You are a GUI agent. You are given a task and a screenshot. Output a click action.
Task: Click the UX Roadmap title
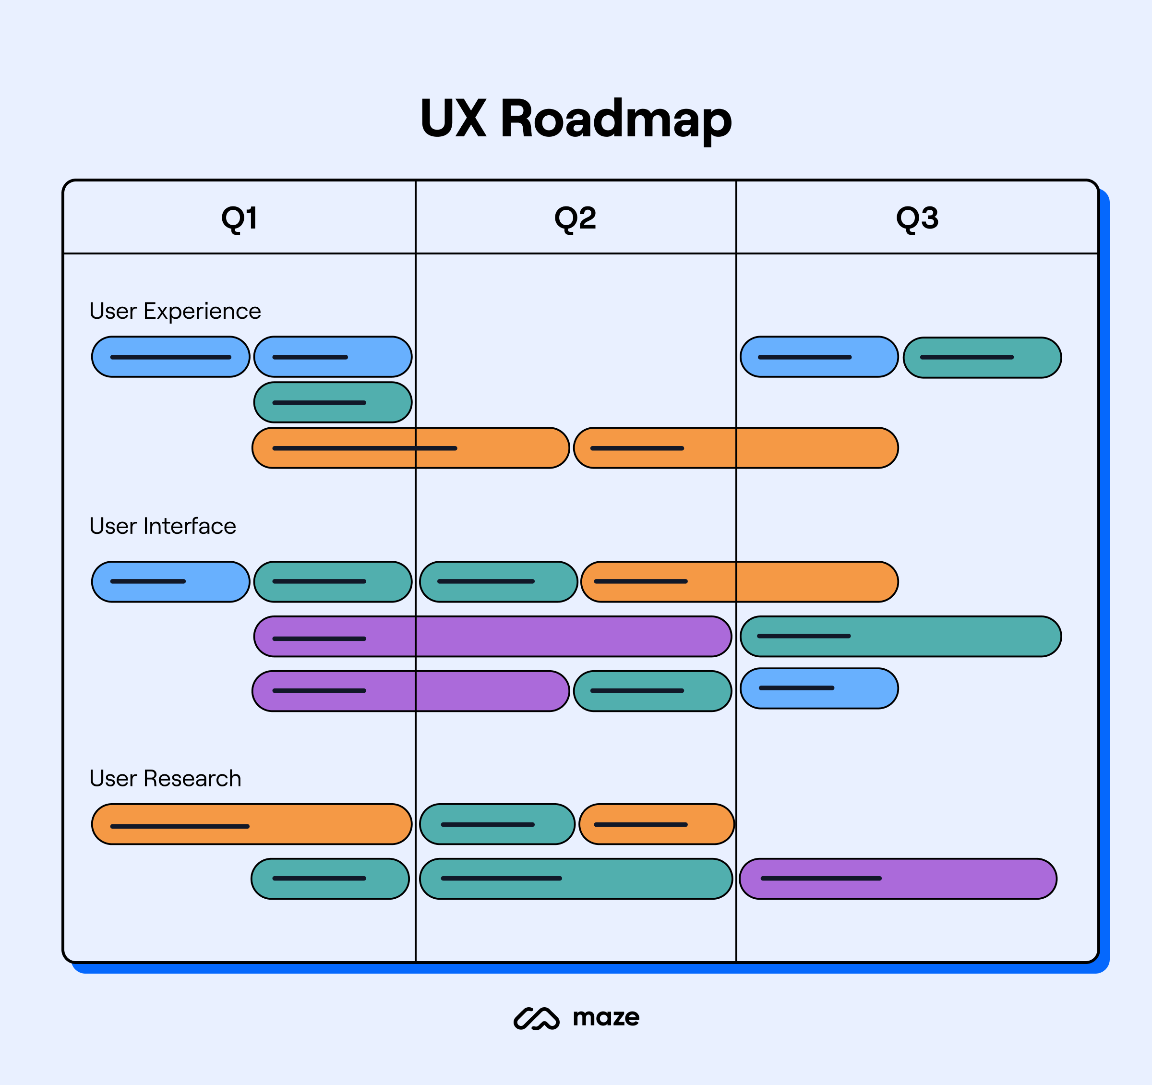(576, 119)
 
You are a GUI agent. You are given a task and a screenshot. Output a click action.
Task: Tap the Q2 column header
(575, 218)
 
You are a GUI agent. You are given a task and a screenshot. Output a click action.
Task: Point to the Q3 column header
(917, 218)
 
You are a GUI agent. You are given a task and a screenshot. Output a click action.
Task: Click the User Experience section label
(175, 311)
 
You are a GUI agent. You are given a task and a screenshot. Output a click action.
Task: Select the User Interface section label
(163, 526)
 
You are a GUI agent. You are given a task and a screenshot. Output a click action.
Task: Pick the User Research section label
(165, 778)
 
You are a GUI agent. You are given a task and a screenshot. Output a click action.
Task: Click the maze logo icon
(536, 1018)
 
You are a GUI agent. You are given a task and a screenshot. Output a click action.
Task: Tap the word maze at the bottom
(606, 1017)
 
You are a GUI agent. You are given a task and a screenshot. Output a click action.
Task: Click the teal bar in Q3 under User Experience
(982, 358)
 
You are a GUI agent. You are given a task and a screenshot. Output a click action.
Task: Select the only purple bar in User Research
(898, 879)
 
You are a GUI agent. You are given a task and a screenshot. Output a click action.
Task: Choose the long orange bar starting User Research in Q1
(252, 824)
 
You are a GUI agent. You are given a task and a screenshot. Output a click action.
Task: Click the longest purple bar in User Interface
(492, 637)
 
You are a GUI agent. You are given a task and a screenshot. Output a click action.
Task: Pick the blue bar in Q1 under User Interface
(170, 581)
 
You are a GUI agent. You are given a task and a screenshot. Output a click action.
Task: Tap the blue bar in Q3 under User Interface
(819, 688)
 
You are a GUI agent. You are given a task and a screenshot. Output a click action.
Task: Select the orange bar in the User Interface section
(739, 581)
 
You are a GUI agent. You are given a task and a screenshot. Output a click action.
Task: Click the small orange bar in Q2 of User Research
(656, 824)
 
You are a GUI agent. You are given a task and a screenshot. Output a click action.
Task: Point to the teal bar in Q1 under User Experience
(333, 402)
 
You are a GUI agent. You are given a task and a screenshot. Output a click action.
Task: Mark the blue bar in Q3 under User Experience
(819, 357)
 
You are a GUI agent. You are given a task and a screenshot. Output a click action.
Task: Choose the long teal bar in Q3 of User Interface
(900, 637)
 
